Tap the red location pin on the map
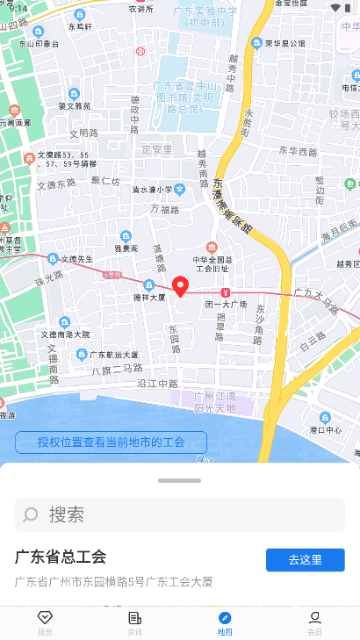[180, 286]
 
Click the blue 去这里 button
[305, 559]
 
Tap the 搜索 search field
[179, 514]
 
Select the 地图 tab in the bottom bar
[225, 622]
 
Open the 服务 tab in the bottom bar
[45, 622]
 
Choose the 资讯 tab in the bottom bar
[134, 622]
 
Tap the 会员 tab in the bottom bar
[314, 622]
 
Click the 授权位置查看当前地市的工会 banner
[111, 442]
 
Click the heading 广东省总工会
[61, 557]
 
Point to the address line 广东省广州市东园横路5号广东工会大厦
[113, 581]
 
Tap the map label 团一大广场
[226, 305]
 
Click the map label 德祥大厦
[149, 297]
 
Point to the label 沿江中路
[158, 384]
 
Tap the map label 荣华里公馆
[279, 42]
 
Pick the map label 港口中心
[326, 430]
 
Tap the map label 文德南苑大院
[68, 334]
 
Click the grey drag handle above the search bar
[179, 480]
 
